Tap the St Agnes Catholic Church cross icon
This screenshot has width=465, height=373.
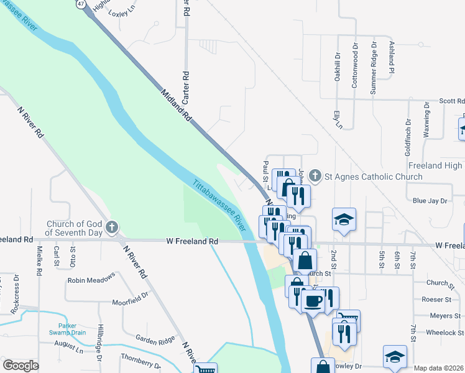click(x=315, y=177)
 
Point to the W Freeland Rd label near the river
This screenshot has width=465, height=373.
click(x=192, y=241)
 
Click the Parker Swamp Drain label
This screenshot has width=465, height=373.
click(x=81, y=329)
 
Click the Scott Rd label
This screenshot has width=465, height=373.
click(x=451, y=101)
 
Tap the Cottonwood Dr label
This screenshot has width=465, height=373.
click(x=355, y=66)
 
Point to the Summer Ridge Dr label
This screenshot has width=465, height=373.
click(x=373, y=68)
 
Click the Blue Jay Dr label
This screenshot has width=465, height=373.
click(x=430, y=201)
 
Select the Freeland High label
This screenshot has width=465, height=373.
click(x=435, y=165)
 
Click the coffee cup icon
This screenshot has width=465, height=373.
click(x=312, y=301)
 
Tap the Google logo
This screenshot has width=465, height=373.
click(x=21, y=366)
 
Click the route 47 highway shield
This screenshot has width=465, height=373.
click(x=80, y=4)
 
